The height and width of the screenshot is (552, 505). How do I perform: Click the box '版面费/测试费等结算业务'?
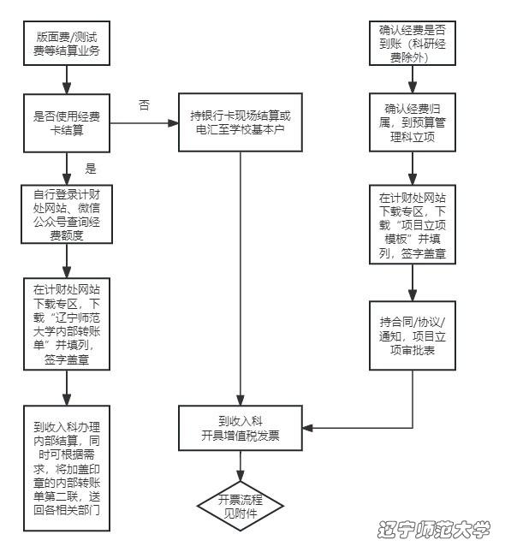click(x=67, y=43)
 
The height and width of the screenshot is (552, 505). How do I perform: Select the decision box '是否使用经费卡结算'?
click(x=67, y=123)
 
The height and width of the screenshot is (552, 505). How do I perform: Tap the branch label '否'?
click(x=144, y=104)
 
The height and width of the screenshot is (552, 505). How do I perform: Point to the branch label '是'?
click(x=90, y=169)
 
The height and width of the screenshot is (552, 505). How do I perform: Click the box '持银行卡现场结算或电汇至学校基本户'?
click(x=241, y=122)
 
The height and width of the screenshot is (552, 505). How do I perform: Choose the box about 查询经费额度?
click(x=67, y=214)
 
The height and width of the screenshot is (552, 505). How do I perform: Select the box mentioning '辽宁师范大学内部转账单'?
click(x=67, y=323)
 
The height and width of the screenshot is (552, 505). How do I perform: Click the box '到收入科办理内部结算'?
click(x=67, y=468)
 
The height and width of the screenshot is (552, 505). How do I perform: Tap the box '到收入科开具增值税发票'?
click(x=241, y=428)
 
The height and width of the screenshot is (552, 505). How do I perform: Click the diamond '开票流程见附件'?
click(x=241, y=507)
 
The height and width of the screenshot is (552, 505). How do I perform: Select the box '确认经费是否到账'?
click(x=413, y=43)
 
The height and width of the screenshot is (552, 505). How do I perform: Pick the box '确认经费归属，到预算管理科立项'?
click(x=413, y=122)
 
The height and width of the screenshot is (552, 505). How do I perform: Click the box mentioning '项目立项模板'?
click(x=413, y=224)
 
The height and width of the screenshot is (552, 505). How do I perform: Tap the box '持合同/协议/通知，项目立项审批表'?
click(x=413, y=335)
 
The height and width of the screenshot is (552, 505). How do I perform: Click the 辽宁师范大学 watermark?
click(x=434, y=529)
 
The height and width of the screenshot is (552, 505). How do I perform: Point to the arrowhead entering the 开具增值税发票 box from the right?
click(x=308, y=428)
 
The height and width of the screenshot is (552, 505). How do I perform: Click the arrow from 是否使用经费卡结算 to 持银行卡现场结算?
click(x=144, y=123)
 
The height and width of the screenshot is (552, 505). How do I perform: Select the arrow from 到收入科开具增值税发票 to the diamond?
click(x=241, y=466)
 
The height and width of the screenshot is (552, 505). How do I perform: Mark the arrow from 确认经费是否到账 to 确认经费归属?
click(x=413, y=80)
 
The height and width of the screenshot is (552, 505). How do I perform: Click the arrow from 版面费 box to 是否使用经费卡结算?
click(x=67, y=80)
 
